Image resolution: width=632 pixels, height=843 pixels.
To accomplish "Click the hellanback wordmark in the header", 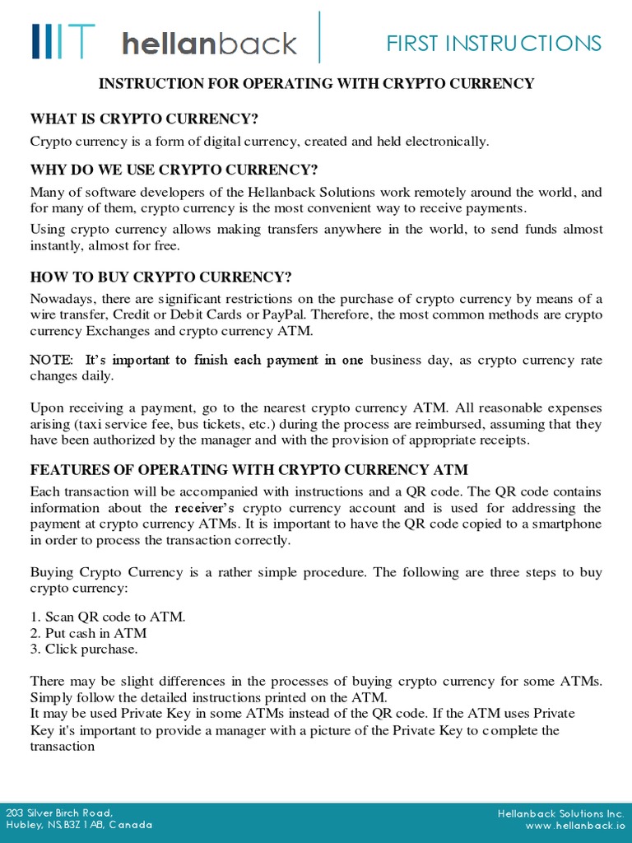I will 209,42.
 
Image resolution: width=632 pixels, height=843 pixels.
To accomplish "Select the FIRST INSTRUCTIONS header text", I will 494,43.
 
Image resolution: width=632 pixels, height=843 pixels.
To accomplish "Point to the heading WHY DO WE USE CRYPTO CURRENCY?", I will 174,170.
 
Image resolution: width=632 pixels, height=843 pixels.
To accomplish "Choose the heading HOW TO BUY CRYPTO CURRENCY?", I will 160,276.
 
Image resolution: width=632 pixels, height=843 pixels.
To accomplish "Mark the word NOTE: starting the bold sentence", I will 51,360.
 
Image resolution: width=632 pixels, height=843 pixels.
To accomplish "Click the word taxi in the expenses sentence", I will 91,424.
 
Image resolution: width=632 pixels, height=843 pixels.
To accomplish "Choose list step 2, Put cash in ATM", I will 88,632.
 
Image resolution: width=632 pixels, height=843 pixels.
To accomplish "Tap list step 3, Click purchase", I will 84,649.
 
